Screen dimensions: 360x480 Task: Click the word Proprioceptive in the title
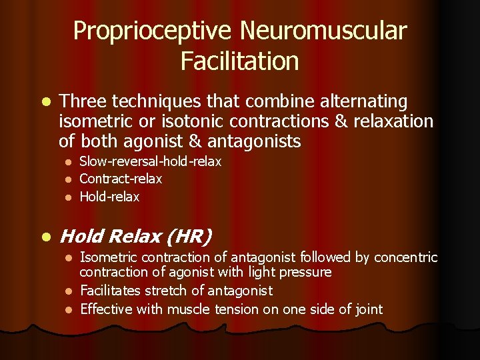(x=153, y=31)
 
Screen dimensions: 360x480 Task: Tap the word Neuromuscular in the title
(x=323, y=31)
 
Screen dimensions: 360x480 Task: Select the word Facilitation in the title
(x=239, y=61)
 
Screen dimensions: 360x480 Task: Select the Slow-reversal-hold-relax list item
(x=150, y=161)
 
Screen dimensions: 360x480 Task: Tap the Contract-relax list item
(x=121, y=179)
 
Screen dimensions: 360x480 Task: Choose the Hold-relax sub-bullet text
(x=109, y=196)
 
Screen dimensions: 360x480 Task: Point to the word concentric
(x=405, y=257)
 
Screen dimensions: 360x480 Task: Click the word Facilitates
(x=111, y=291)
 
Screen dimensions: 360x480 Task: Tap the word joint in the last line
(x=369, y=309)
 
